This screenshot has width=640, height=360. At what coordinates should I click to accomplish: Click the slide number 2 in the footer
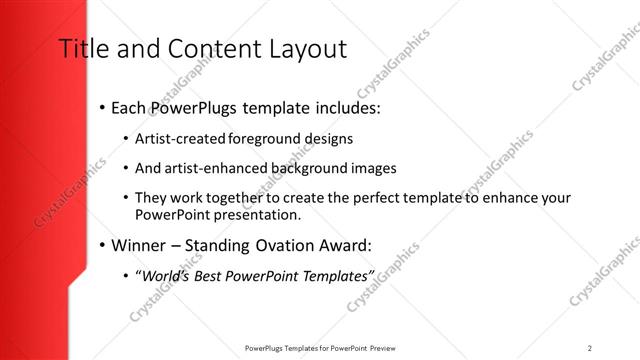click(x=590, y=347)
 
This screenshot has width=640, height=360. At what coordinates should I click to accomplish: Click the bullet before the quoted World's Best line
click(x=125, y=275)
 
